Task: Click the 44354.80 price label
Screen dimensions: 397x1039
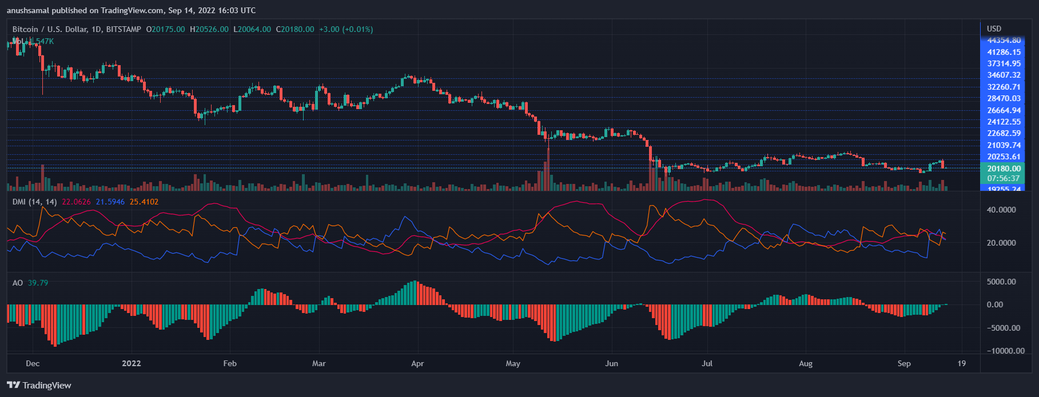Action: click(1004, 41)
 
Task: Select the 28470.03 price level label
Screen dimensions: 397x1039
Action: click(1004, 98)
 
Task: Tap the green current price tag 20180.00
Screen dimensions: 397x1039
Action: click(1004, 169)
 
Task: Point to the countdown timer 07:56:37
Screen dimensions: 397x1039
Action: click(1004, 178)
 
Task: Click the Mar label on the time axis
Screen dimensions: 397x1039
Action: click(319, 363)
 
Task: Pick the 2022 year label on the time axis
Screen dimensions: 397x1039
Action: click(132, 363)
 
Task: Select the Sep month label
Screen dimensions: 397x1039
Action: click(904, 363)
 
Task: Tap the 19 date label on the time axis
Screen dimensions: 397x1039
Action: click(962, 363)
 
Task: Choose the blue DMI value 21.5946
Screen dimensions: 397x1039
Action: click(110, 202)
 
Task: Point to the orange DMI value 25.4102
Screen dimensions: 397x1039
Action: click(144, 202)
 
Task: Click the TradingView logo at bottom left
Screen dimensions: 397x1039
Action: click(39, 386)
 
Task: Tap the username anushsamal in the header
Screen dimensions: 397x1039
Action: click(29, 10)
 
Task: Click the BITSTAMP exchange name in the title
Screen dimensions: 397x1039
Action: click(124, 29)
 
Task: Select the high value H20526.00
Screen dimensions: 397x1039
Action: click(209, 29)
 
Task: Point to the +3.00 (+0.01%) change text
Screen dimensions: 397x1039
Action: click(346, 29)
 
